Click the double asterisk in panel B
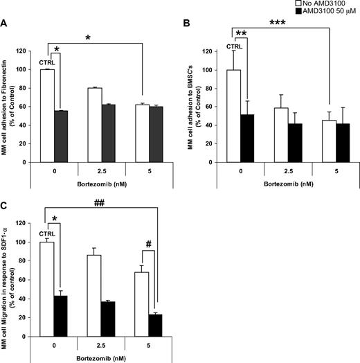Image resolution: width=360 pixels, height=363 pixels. [242, 33]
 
